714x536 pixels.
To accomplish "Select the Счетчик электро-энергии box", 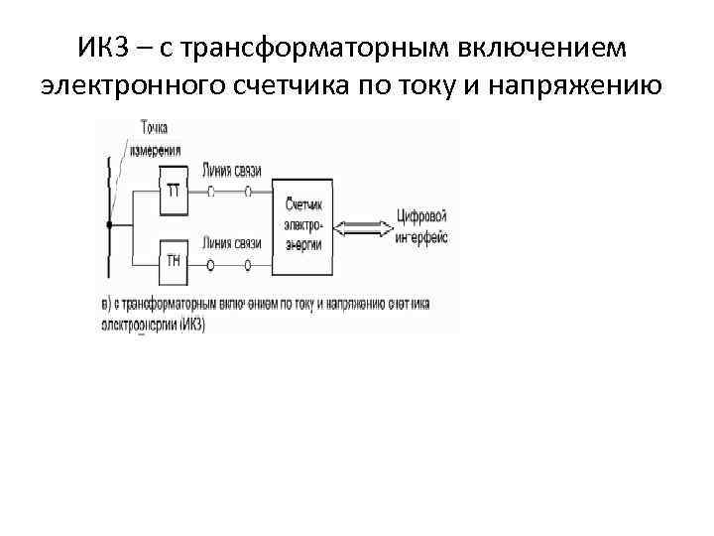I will click(303, 225).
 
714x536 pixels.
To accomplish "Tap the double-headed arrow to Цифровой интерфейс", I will click(362, 226).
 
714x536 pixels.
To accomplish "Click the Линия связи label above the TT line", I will click(230, 171).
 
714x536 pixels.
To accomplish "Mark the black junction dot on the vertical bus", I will click(110, 226).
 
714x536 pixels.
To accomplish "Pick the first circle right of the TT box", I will click(210, 192).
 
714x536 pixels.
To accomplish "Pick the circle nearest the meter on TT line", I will click(247, 192).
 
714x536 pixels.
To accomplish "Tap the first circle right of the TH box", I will click(210, 265).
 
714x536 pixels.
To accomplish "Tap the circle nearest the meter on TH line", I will click(247, 265).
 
